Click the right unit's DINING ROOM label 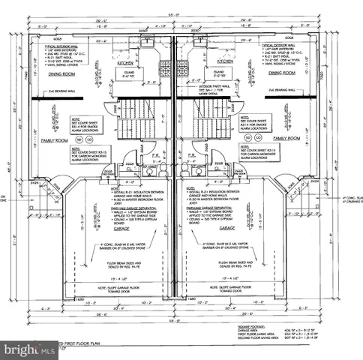283,73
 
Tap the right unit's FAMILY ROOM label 286,139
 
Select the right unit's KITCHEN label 226,62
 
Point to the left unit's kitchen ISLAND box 128,74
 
